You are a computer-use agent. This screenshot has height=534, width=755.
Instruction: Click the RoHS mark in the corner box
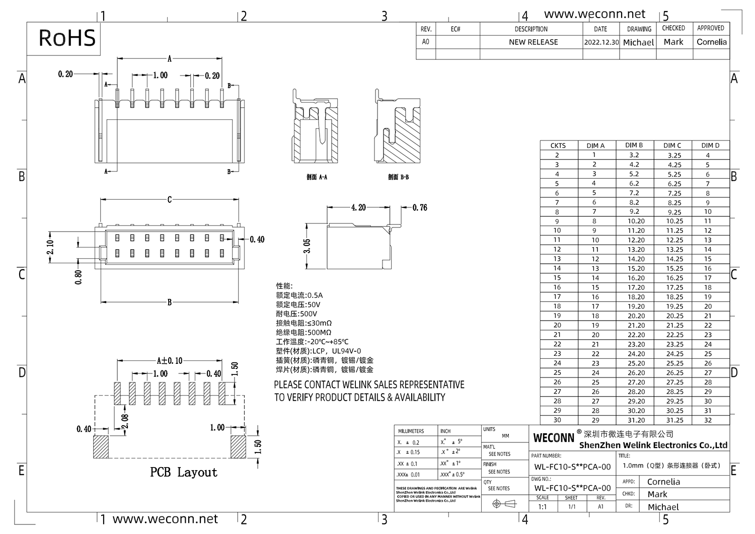(67, 38)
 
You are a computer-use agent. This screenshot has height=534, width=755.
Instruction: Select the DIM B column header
(634, 145)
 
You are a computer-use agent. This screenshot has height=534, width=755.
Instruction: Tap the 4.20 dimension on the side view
(358, 207)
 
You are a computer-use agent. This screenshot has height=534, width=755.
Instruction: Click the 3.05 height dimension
(308, 246)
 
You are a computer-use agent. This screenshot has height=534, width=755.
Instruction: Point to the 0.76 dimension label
(419, 207)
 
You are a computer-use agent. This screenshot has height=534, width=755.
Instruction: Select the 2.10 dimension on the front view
(50, 247)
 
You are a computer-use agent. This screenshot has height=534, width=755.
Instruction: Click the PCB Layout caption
(184, 472)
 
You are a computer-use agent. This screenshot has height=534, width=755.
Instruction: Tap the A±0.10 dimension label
(170, 360)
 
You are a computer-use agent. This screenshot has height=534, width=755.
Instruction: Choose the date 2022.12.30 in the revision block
(601, 42)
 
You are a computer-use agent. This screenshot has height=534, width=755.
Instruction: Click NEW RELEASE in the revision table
(533, 42)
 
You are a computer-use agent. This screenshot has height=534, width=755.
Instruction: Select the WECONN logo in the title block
(554, 438)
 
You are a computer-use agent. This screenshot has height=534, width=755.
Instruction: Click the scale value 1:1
(542, 507)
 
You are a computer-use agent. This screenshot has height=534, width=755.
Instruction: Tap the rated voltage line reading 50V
(298, 304)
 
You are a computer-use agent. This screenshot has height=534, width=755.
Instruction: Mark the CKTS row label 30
(557, 420)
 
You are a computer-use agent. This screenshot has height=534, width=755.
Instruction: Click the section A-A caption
(317, 177)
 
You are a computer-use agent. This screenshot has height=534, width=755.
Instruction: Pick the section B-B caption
(398, 177)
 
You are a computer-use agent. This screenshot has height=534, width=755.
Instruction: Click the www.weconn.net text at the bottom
(165, 519)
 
